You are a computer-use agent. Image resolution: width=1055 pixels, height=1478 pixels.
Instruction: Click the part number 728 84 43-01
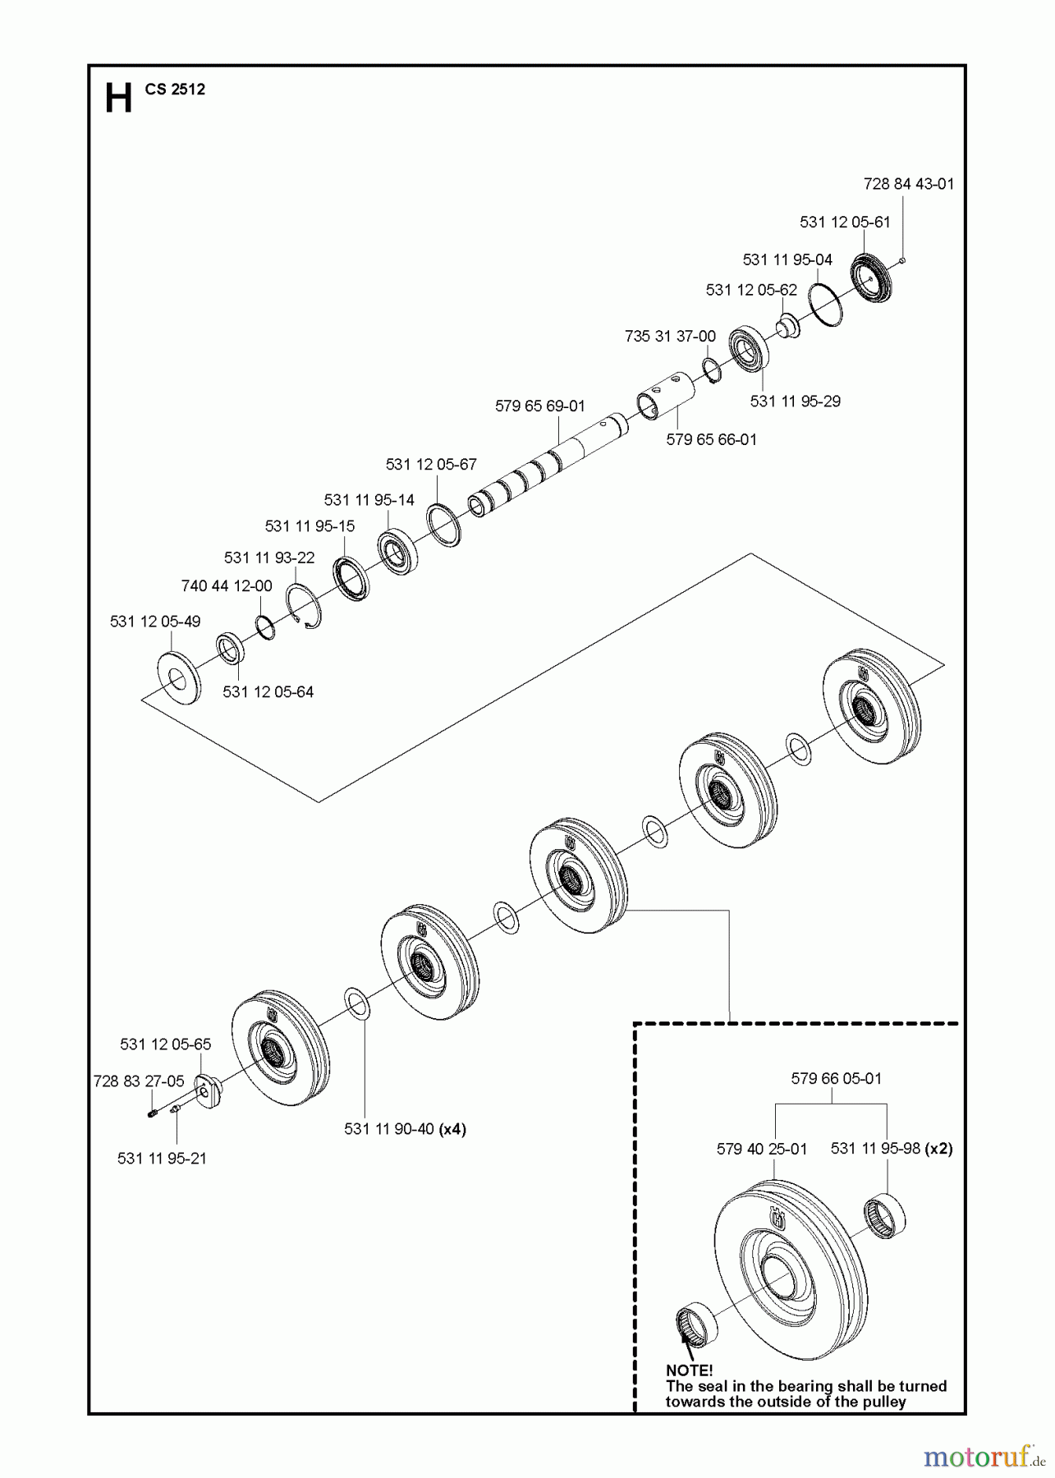point(909,184)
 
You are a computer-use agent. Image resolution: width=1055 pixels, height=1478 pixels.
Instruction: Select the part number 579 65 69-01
point(540,406)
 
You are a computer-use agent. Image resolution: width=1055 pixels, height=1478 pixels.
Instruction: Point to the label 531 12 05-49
point(155,622)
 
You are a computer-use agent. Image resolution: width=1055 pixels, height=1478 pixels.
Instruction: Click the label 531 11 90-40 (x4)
point(405,1129)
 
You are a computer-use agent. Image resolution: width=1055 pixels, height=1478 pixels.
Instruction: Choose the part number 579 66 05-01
point(836,1079)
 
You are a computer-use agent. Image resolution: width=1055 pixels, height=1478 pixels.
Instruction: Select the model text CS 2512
point(175,90)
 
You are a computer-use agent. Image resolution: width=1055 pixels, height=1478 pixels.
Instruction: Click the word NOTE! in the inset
point(690,1370)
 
